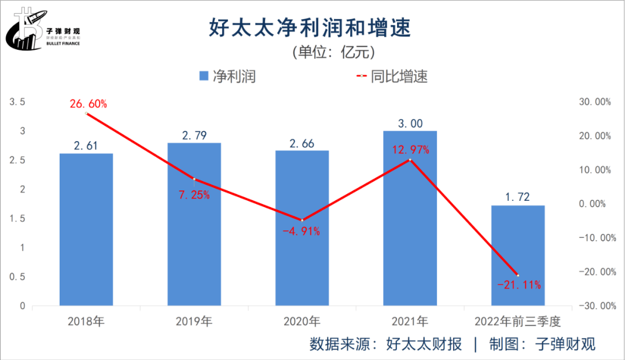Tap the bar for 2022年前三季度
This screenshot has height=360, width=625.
tap(518, 255)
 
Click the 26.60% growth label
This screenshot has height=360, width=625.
tap(89, 104)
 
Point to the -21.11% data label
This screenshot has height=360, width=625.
tap(519, 284)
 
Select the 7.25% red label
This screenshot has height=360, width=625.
tap(194, 195)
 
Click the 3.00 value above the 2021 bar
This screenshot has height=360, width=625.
tap(410, 123)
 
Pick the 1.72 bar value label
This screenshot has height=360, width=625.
tap(518, 197)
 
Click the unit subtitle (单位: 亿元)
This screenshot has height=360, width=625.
tap(334, 52)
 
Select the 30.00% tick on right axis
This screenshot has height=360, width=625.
tap(594, 102)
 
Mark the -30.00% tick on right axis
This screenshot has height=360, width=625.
tap(593, 306)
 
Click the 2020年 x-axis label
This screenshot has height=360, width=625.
tap(302, 321)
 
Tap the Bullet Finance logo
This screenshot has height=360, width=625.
tap(43, 29)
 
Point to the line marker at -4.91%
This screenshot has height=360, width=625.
tap(302, 220)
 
